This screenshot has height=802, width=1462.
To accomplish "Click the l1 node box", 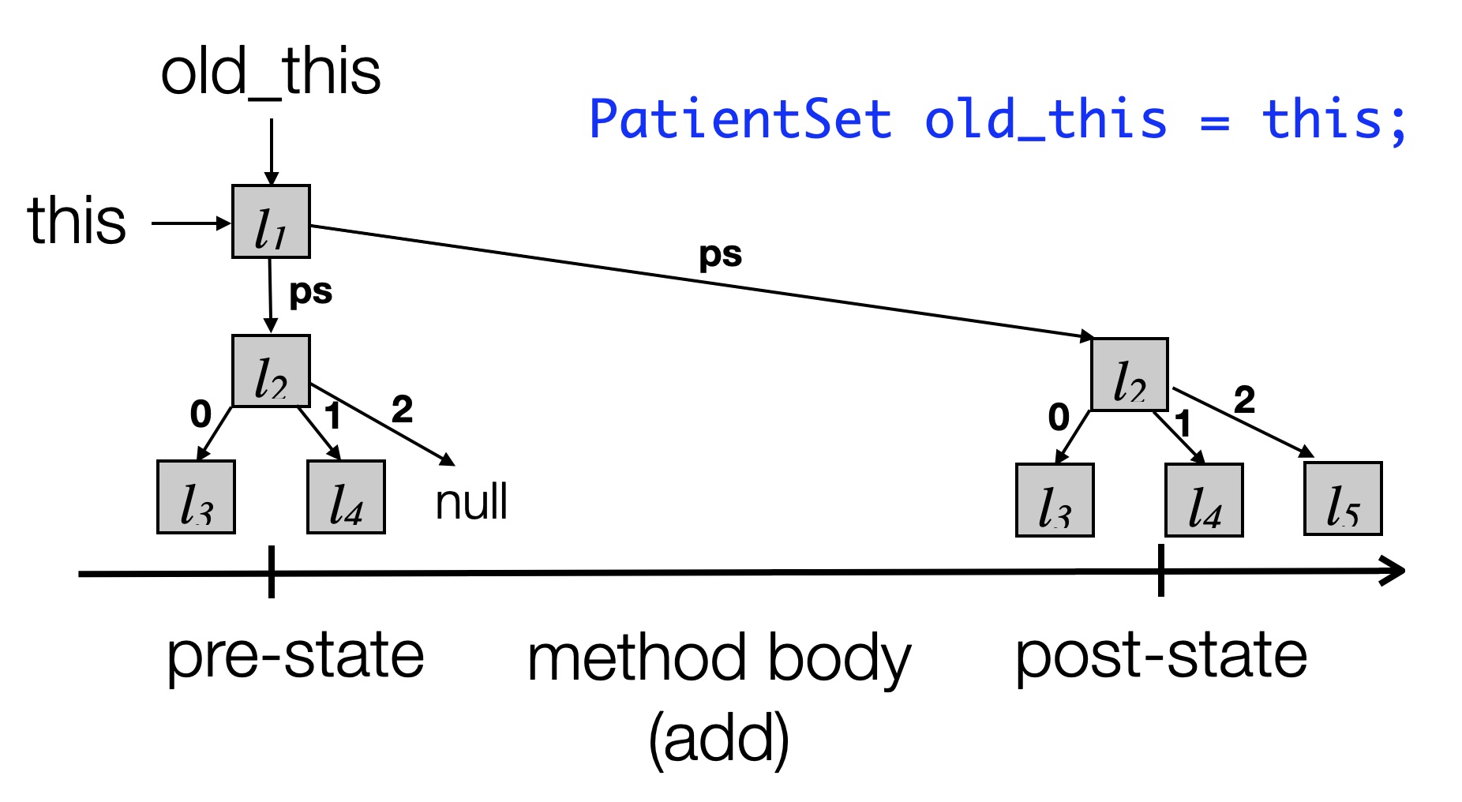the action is coord(271,222).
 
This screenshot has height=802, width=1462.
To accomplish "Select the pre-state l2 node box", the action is coord(271,371).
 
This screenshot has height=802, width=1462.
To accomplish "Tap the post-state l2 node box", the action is coord(1129,375).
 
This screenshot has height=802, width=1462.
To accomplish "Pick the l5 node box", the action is coord(1343,499).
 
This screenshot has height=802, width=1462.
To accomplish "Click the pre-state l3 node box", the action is coord(196,497).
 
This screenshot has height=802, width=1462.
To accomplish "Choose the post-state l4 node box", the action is coord(1204,500).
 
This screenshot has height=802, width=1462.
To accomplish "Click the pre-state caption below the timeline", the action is coord(295,656).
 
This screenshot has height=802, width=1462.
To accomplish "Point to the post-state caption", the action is coord(1160,656).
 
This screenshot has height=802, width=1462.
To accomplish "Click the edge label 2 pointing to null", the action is coord(402,409).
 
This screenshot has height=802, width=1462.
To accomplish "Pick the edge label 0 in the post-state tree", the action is coord(1059,417).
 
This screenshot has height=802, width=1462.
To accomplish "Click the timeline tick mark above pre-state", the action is coord(271,572).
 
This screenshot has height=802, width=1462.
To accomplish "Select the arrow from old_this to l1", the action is coord(271,152).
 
